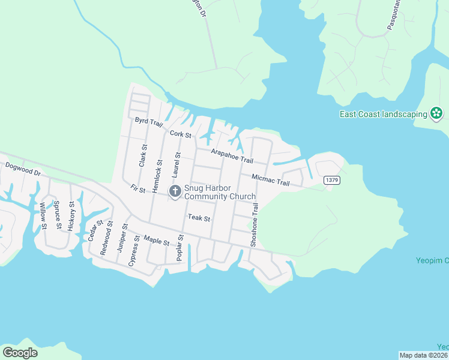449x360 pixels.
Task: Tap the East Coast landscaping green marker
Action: [x=436, y=113]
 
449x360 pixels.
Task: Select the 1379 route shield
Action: [x=331, y=180]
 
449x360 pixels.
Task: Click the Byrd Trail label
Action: [x=149, y=122]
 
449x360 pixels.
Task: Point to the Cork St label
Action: [x=180, y=134]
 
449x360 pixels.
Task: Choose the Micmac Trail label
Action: [x=270, y=179]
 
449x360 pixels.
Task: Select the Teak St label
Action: [x=199, y=218]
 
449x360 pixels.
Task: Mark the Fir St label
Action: [x=138, y=189]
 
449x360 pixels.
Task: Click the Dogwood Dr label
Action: [x=22, y=168]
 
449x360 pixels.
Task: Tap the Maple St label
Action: [x=157, y=241]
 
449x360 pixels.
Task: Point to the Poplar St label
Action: [x=179, y=248]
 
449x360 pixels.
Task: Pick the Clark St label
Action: [x=143, y=155]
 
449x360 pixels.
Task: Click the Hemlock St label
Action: [x=158, y=176]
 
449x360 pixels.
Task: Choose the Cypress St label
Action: [x=134, y=251]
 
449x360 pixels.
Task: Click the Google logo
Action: [x=20, y=353]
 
